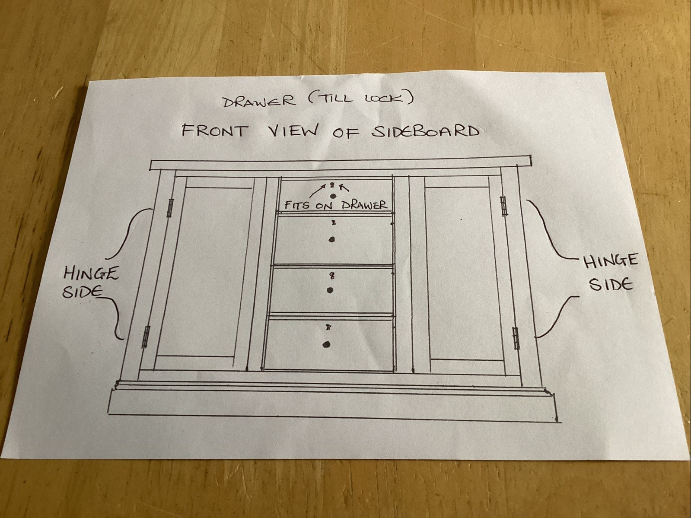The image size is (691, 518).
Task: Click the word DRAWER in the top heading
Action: [x=259, y=102]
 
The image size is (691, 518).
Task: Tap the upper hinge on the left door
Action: [x=171, y=208]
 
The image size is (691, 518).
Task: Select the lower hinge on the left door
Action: [x=146, y=337]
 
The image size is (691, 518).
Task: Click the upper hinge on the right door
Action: [x=504, y=205]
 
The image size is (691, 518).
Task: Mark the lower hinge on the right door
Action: [x=516, y=338]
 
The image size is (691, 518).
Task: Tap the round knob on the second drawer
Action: [x=331, y=240]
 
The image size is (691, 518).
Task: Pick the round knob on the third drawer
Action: [x=330, y=290]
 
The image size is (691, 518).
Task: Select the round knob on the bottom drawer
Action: [x=326, y=344]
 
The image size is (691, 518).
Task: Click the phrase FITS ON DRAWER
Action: [x=336, y=205]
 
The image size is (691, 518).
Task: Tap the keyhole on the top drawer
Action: [x=332, y=185]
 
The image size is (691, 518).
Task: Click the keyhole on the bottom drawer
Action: [x=328, y=327]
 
